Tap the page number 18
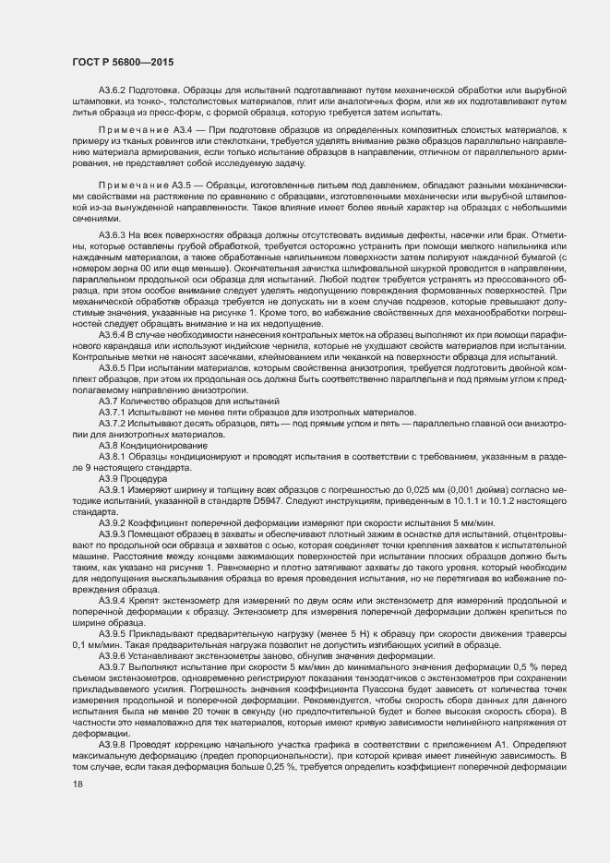(x=77, y=784)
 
